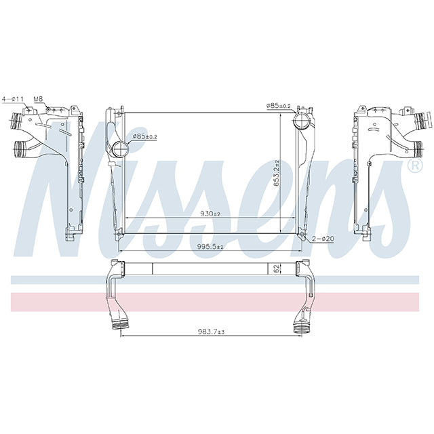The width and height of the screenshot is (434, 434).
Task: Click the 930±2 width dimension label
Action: coord(210,214)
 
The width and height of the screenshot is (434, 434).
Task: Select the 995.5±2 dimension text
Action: coord(211,247)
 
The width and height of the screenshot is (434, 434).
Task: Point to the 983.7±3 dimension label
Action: coord(211,332)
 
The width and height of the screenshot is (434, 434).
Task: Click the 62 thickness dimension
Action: coord(276,269)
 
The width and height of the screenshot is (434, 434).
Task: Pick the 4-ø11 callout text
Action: coord(13,99)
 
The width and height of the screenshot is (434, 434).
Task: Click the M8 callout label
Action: coord(38,99)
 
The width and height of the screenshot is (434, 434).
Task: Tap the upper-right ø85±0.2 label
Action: coord(279,106)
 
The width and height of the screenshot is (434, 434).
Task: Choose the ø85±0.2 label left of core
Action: coord(144,136)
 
